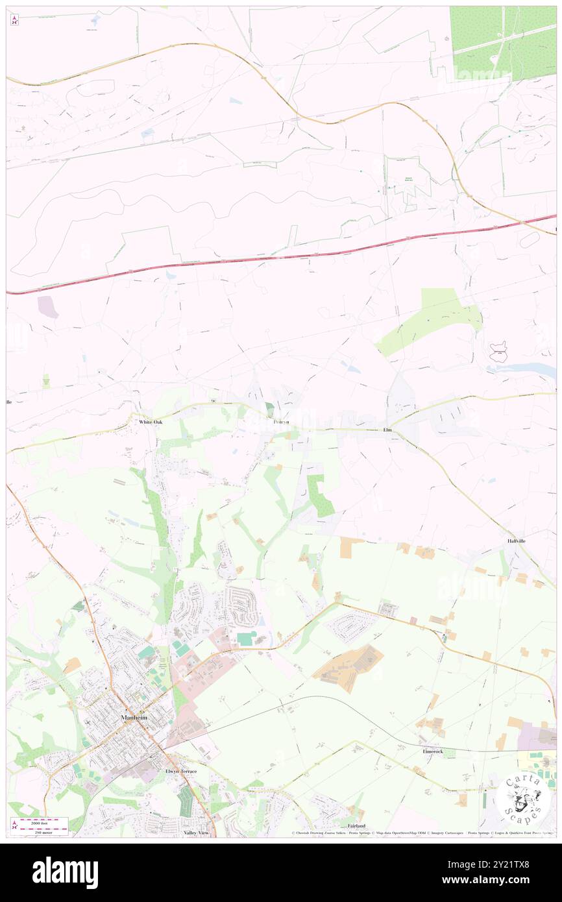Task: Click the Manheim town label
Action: [x=135, y=718]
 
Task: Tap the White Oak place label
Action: [x=151, y=422]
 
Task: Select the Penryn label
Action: [x=281, y=422]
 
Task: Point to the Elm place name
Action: [x=389, y=430]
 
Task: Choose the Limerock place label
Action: [x=432, y=751]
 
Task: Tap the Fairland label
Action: [x=357, y=826]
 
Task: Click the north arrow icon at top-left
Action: [x=14, y=20]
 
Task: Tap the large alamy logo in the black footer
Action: [x=65, y=873]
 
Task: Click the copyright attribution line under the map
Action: [x=422, y=833]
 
